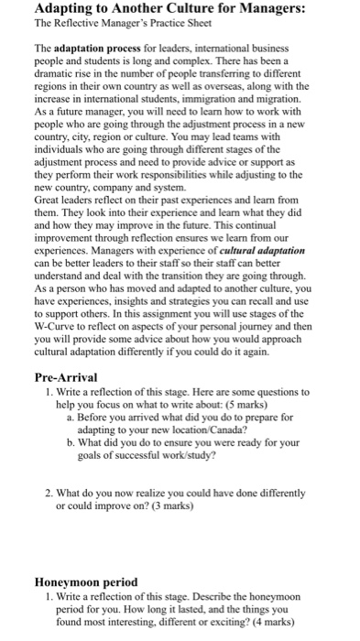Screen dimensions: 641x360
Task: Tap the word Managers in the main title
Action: point(292,11)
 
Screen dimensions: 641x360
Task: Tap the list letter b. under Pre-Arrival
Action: point(71,441)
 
